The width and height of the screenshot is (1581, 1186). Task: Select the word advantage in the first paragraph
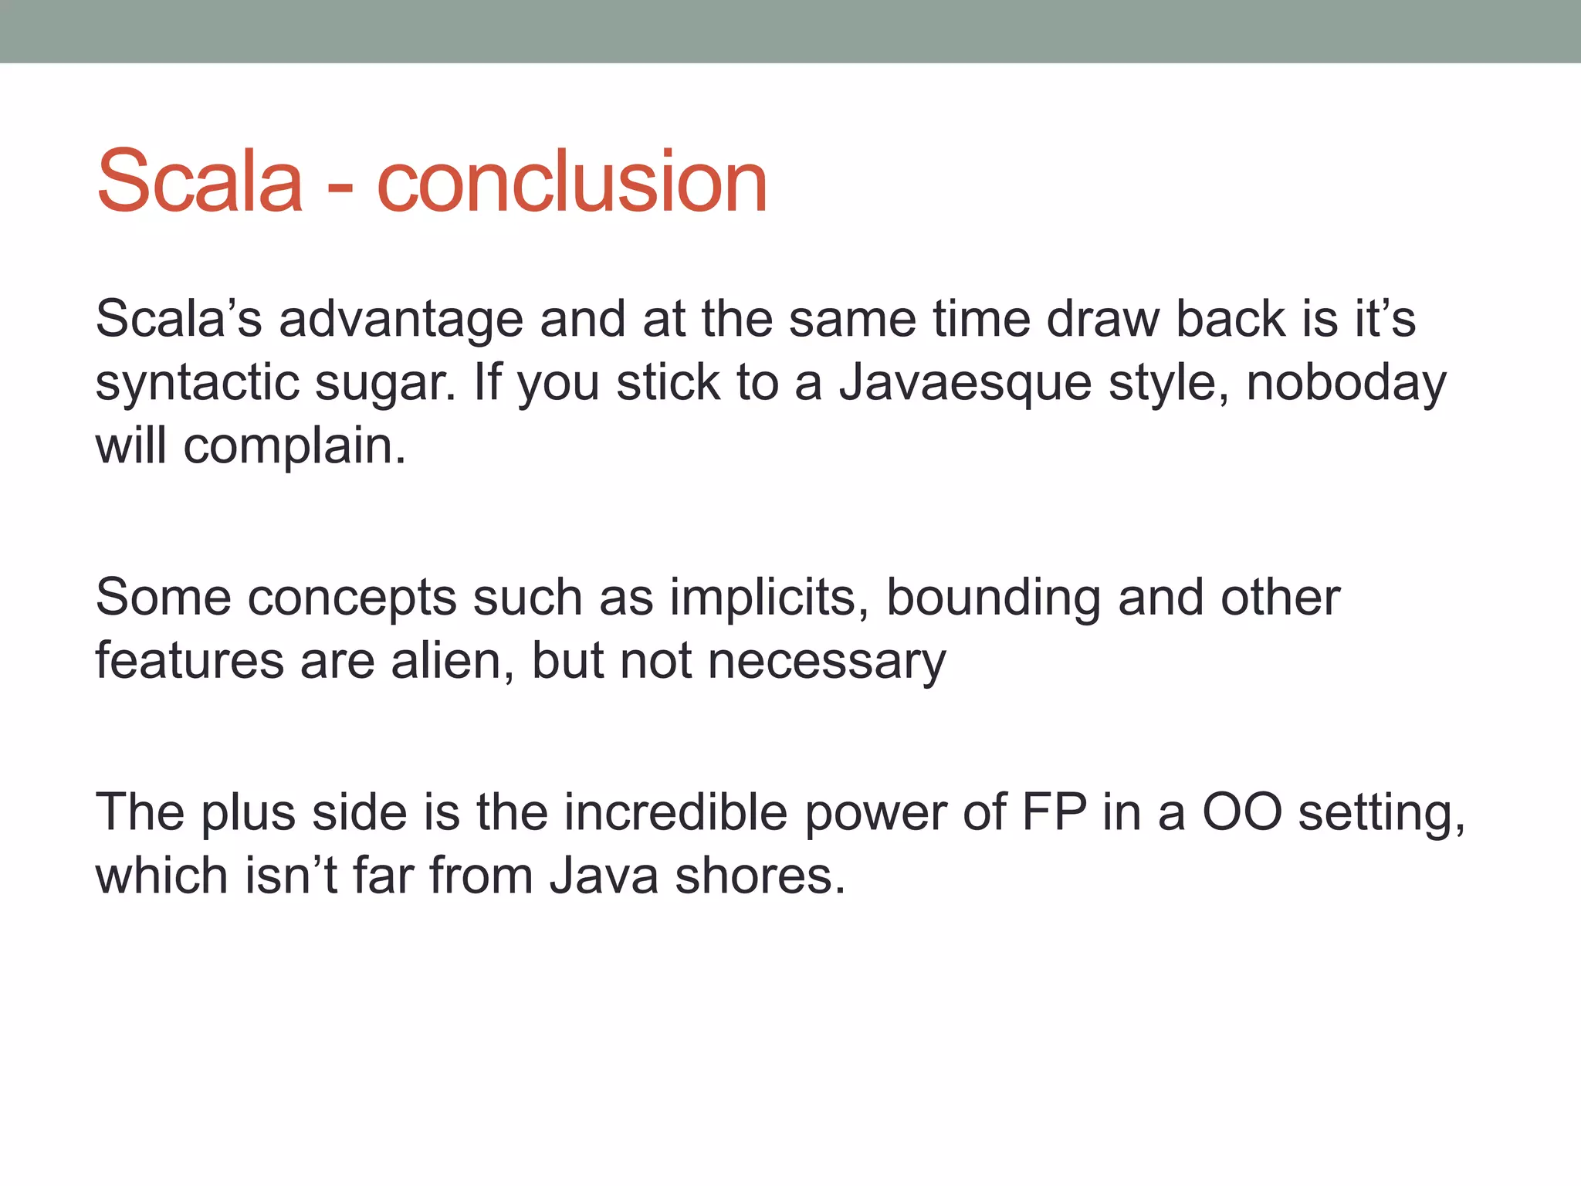tap(401, 320)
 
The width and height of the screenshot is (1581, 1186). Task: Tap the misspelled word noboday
tap(1346, 383)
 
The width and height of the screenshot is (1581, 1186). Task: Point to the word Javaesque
tap(965, 383)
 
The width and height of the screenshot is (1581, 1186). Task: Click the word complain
tap(294, 447)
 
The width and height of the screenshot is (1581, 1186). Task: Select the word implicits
tap(769, 598)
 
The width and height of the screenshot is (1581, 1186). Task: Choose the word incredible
tap(675, 813)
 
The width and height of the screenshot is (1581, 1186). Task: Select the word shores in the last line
tap(760, 877)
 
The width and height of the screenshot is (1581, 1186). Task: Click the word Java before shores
tap(604, 877)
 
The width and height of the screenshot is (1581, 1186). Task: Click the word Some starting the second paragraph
tap(163, 598)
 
